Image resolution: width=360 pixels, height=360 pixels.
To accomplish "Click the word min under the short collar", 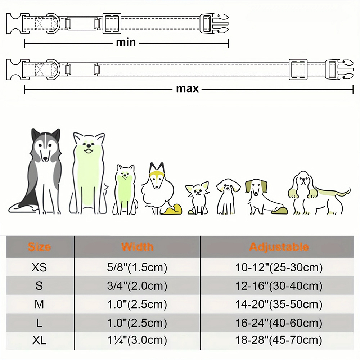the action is pyautogui.click(x=126, y=42).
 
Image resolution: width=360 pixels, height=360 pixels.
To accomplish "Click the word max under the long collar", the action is pyautogui.click(x=187, y=89).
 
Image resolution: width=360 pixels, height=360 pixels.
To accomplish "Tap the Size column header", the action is pyautogui.click(x=39, y=247).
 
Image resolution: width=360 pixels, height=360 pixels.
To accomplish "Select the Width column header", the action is pyautogui.click(x=137, y=247).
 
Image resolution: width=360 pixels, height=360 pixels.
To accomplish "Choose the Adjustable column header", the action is pyautogui.click(x=279, y=247).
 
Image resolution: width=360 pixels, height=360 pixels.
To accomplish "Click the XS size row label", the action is pyautogui.click(x=39, y=267).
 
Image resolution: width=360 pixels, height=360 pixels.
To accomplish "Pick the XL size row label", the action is pyautogui.click(x=39, y=340).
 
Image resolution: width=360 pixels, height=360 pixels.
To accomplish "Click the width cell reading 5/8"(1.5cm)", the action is pyautogui.click(x=137, y=267).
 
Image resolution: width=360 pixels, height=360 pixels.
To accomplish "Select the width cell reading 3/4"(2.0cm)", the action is pyautogui.click(x=137, y=286).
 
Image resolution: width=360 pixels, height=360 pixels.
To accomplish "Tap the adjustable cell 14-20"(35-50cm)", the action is pyautogui.click(x=279, y=305).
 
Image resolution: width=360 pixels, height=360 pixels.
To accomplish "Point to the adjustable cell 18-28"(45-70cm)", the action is pyautogui.click(x=279, y=340).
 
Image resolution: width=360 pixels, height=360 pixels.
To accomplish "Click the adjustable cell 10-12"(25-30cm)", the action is pyautogui.click(x=279, y=267).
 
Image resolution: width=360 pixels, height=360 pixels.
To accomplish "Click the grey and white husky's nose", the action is pyautogui.click(x=45, y=158).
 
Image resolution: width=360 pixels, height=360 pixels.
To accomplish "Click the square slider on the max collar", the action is pyautogui.click(x=298, y=69).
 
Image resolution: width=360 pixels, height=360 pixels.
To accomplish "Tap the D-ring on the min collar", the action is pyautogui.click(x=54, y=23).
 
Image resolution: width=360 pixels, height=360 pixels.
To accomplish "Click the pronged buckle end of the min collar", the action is pyautogui.click(x=215, y=23).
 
